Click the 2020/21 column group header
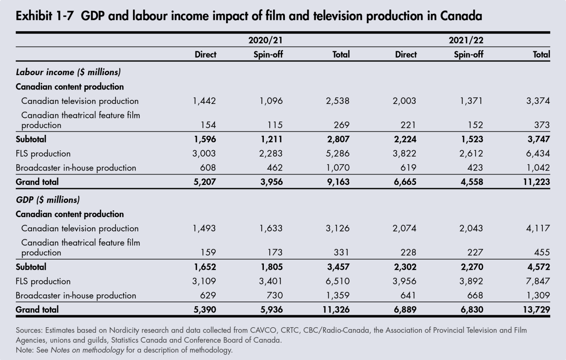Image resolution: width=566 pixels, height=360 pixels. pyautogui.click(x=265, y=40)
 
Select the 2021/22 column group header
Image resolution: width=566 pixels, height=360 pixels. pyautogui.click(x=466, y=40)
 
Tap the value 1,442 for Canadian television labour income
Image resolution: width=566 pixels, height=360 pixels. pyautogui.click(x=204, y=101)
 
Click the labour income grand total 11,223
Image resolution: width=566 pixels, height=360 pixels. pyautogui.click(x=536, y=182)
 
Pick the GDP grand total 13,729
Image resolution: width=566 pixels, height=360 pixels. pyautogui.click(x=536, y=310)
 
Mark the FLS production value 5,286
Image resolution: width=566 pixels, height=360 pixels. pyautogui.click(x=338, y=153)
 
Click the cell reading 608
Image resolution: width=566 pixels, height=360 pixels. pyautogui.click(x=208, y=168)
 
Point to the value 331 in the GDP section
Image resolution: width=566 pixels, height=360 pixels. pyautogui.click(x=341, y=252)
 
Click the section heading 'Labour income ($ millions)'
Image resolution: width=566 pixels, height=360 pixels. pyautogui.click(x=68, y=72)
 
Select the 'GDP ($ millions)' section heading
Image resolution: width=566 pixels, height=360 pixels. pyautogui.click(x=48, y=200)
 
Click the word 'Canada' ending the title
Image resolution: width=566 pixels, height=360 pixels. pyautogui.click(x=461, y=16)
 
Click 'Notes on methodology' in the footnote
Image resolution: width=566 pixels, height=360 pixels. pyautogui.click(x=87, y=350)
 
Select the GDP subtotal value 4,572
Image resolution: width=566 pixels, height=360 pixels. pyautogui.click(x=538, y=267)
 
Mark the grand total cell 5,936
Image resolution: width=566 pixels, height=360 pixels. pyautogui.click(x=271, y=310)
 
